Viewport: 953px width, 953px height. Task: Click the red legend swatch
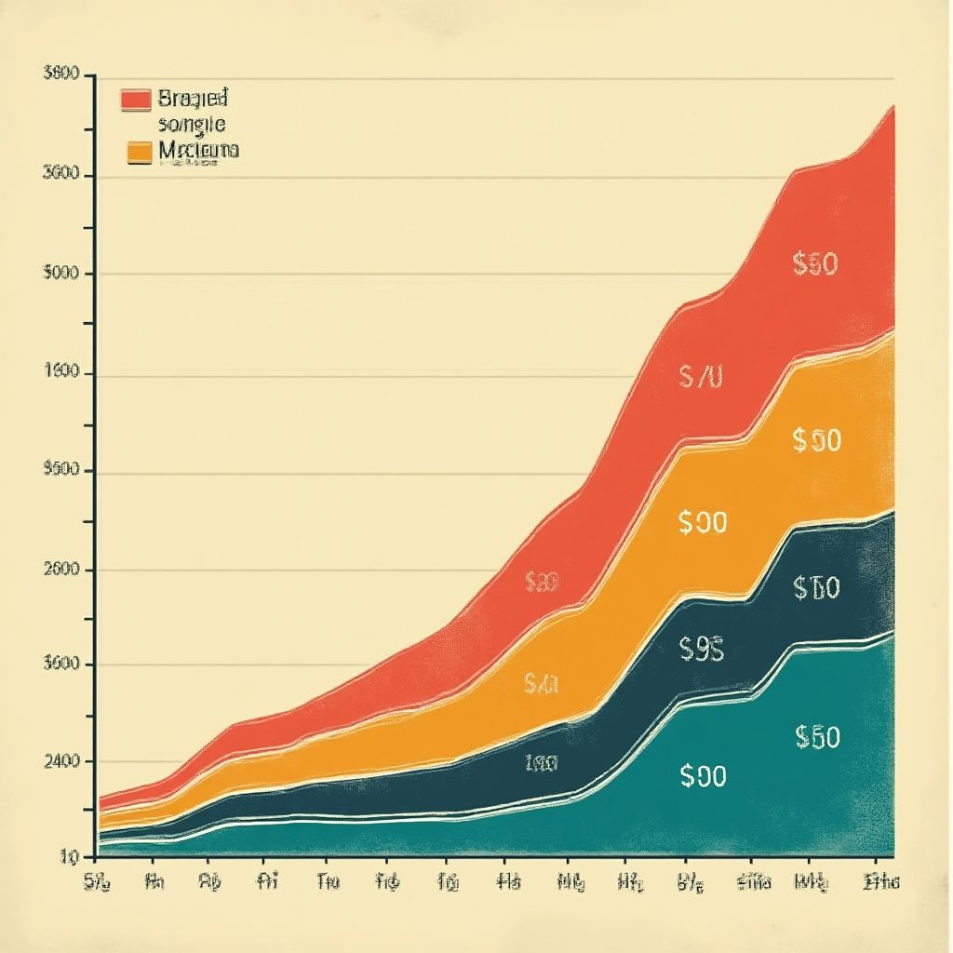click(136, 99)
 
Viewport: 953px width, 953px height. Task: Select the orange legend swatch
click(139, 152)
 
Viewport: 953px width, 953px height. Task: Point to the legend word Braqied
click(193, 98)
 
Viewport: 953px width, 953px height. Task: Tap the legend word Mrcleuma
click(198, 149)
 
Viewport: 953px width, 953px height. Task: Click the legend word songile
click(192, 124)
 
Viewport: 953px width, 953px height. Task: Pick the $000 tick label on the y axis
click(60, 274)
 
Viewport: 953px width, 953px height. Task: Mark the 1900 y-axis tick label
click(62, 373)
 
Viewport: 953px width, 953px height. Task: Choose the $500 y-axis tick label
click(60, 471)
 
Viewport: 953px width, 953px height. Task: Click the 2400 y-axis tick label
click(61, 761)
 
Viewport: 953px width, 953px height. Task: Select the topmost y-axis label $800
click(60, 74)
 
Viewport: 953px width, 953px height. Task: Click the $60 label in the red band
click(815, 264)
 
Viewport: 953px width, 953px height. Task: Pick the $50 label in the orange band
click(816, 439)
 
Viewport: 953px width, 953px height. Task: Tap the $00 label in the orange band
click(702, 523)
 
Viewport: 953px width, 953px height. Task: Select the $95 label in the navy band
click(702, 648)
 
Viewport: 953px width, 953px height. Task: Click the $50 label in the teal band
click(817, 737)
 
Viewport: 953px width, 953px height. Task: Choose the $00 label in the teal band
click(702, 776)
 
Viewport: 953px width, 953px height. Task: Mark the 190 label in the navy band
click(540, 764)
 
